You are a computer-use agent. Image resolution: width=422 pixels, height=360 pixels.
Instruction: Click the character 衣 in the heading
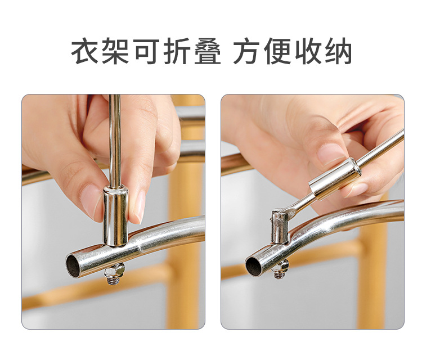[x=85, y=52]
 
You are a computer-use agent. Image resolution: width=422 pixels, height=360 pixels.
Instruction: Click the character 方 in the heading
[x=248, y=52]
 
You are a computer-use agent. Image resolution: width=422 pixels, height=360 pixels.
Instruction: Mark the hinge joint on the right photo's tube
[x=281, y=225]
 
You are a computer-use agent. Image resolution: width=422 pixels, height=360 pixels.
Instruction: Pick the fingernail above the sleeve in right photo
[x=333, y=154]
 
